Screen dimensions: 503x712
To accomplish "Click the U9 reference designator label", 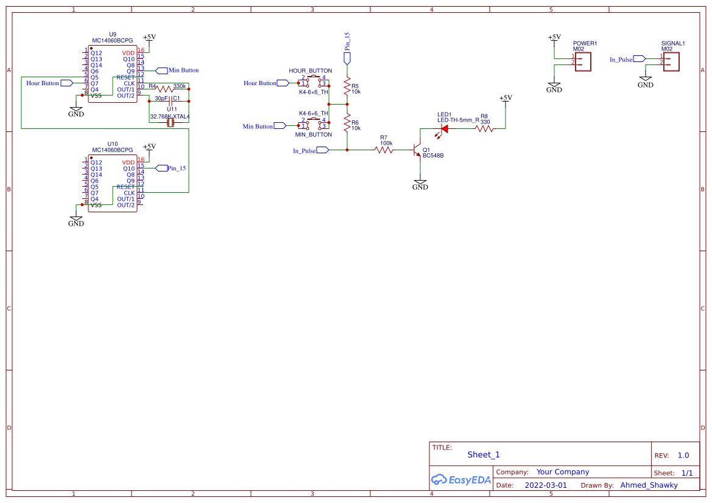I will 112,34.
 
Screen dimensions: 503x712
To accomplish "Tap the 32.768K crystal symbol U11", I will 170,123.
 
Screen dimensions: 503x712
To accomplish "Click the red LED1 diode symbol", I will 444,128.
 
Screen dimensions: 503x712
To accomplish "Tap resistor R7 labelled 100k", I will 384,150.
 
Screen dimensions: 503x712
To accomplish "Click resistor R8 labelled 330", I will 484,128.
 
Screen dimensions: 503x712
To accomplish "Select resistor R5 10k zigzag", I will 347,88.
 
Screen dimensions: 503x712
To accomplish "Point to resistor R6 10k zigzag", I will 347,125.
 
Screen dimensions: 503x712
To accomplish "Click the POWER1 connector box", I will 583,61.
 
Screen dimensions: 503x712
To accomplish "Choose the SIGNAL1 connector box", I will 671,61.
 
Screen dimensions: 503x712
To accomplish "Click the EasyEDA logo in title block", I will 460,479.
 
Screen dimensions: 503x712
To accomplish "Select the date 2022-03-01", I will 545,485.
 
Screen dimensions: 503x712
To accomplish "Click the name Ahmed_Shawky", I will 649,485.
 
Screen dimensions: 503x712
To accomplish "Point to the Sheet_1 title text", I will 484,454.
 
